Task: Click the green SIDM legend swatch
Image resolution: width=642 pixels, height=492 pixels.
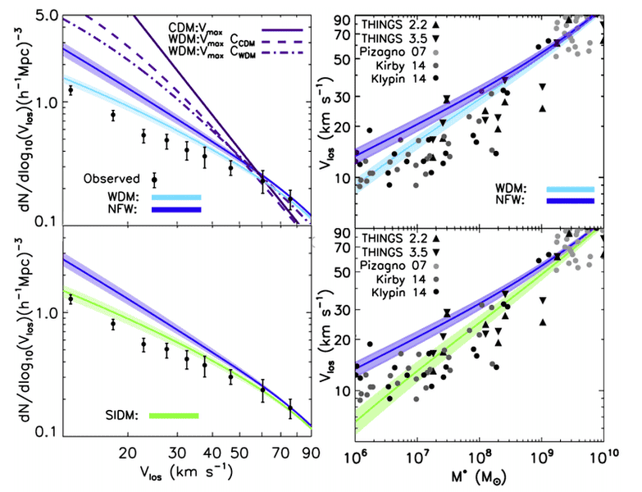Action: coord(174,416)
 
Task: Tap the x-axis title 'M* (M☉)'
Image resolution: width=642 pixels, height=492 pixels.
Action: coord(481,476)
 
